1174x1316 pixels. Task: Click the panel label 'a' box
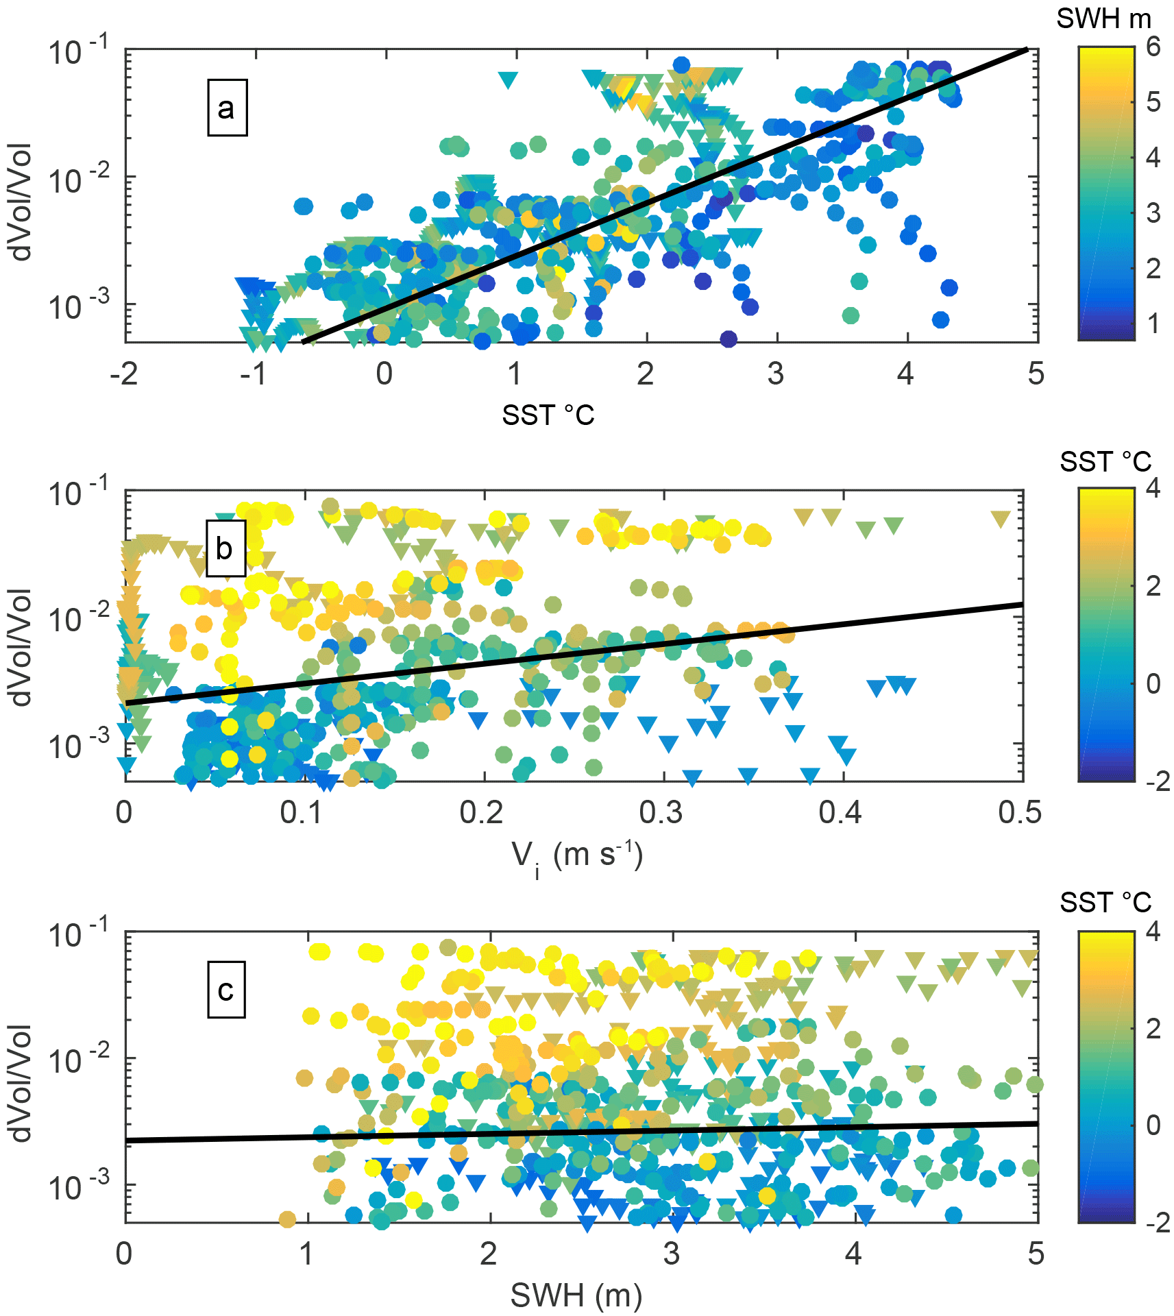[x=227, y=108]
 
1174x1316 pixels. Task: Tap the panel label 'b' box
[x=225, y=548]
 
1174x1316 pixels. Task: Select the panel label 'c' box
[x=226, y=990]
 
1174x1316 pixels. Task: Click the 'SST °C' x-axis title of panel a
[x=548, y=415]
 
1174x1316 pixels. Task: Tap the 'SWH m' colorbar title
[x=1103, y=19]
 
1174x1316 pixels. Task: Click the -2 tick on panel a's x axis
[x=124, y=374]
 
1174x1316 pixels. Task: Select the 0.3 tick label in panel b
[x=661, y=813]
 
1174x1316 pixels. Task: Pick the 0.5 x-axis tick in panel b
[x=1020, y=813]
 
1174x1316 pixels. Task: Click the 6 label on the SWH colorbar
[x=1153, y=47]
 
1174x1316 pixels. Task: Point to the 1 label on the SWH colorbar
[x=1153, y=324]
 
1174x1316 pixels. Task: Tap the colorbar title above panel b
[x=1105, y=462]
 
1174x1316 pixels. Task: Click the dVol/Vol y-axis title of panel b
[x=22, y=647]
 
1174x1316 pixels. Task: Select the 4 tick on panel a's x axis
[x=905, y=374]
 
